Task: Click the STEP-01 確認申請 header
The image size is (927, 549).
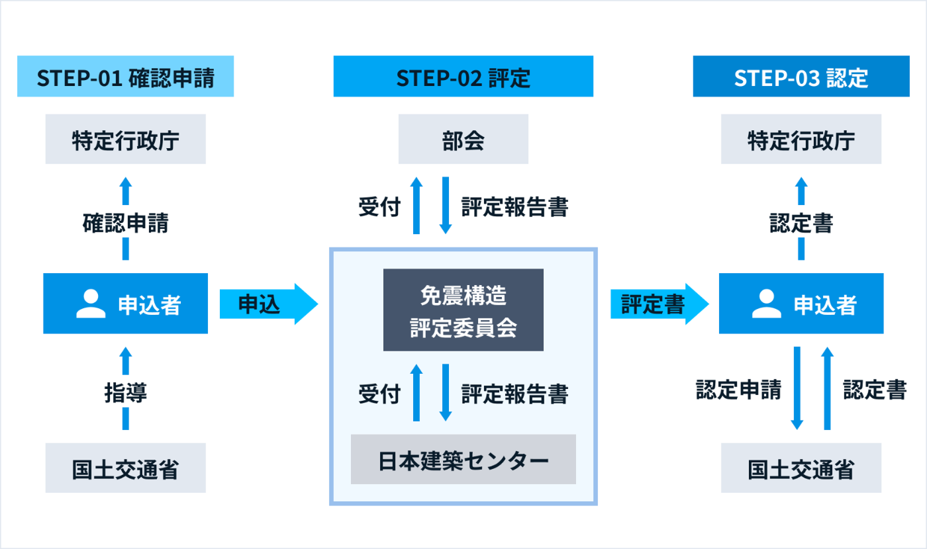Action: pyautogui.click(x=125, y=77)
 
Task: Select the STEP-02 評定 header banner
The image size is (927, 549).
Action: pyautogui.click(x=463, y=77)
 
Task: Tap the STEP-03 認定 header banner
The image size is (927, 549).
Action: pyautogui.click(x=801, y=77)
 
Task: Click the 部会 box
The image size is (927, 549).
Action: pyautogui.click(x=463, y=139)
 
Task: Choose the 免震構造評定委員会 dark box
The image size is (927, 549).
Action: pyautogui.click(x=463, y=310)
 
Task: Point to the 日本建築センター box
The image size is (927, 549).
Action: pyautogui.click(x=463, y=459)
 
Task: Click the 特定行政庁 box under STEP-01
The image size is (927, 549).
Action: pyautogui.click(x=125, y=139)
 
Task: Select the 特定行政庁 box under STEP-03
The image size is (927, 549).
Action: pyautogui.click(x=801, y=139)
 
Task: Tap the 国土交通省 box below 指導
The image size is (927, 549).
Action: pyautogui.click(x=125, y=468)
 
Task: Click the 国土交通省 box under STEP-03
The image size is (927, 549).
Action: pyautogui.click(x=801, y=468)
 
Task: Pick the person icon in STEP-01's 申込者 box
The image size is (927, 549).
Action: pyautogui.click(x=91, y=304)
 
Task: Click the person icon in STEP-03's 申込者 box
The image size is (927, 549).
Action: pyautogui.click(x=767, y=304)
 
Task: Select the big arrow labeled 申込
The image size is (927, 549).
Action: pyautogui.click(x=269, y=304)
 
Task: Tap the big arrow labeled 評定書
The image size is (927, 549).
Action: pyautogui.click(x=659, y=304)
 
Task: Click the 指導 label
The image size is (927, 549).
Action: pyautogui.click(x=125, y=392)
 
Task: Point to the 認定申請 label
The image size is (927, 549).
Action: pyautogui.click(x=739, y=390)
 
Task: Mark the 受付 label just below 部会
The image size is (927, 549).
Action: pyautogui.click(x=379, y=206)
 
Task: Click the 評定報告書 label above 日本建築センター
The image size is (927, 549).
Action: pyautogui.click(x=515, y=394)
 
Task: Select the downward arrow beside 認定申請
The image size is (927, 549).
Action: pyautogui.click(x=797, y=388)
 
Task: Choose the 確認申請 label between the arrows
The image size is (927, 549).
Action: pyautogui.click(x=125, y=223)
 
